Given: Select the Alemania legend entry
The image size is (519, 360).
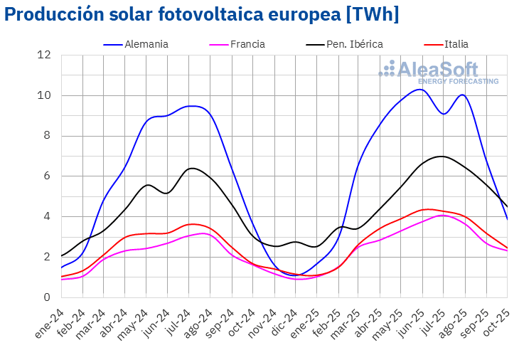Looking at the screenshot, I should (x=146, y=44).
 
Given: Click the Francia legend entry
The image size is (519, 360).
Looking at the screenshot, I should (x=247, y=44).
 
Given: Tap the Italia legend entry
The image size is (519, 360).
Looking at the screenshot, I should (x=456, y=44).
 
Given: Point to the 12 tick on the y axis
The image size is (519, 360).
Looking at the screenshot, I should (x=44, y=55).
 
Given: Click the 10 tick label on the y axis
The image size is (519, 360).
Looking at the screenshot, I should (x=44, y=95).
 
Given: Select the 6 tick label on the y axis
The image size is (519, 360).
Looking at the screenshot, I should (x=47, y=176).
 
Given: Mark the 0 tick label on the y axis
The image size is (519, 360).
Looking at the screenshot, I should (x=47, y=297).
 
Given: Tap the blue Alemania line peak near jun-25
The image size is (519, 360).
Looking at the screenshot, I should (x=421, y=89).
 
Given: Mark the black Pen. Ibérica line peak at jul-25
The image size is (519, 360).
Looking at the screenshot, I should (x=442, y=156).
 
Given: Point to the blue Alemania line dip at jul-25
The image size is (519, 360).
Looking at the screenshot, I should (x=443, y=114).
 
